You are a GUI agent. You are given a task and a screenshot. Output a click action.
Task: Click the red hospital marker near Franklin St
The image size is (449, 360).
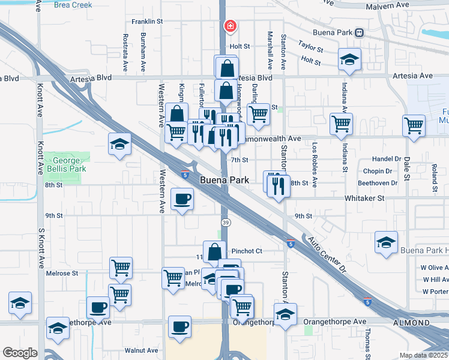click(x=230, y=26)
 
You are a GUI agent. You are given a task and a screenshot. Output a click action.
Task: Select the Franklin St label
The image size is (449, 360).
click(x=148, y=22)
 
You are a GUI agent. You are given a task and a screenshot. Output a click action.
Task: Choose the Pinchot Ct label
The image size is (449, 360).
click(x=247, y=251)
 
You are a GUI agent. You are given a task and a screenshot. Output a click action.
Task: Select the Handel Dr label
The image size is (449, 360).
click(x=385, y=159)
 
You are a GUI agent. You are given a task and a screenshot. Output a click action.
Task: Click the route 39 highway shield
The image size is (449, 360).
click(x=224, y=223)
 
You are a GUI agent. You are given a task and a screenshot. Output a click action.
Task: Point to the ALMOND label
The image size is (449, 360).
click(x=429, y=323)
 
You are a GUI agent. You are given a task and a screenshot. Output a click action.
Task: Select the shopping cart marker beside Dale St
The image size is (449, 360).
click(x=414, y=125)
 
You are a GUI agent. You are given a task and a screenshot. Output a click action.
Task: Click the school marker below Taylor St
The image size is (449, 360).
click(x=349, y=59)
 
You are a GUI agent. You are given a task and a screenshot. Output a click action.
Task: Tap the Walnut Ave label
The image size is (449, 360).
click(x=141, y=350)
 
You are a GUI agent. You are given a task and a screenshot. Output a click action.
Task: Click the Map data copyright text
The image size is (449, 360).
click(x=422, y=355)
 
